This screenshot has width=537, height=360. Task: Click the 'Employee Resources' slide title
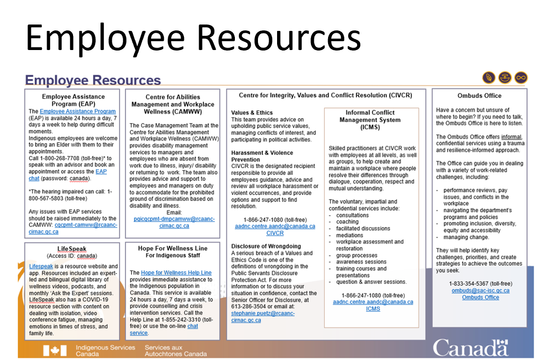[93, 80]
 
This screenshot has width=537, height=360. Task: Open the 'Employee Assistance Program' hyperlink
[77, 112]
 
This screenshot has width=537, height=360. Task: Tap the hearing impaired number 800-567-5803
[54, 198]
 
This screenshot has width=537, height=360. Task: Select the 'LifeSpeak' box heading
[72, 249]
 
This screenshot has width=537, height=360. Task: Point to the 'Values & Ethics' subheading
[252, 113]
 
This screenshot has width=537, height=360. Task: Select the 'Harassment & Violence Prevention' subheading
[262, 156]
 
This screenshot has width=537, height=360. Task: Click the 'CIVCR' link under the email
[275, 233]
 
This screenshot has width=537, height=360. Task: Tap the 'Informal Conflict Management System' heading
[370, 120]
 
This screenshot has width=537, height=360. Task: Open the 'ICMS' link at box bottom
[373, 309]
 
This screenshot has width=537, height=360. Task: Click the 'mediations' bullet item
[350, 235]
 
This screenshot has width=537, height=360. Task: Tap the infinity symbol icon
[520, 77]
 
